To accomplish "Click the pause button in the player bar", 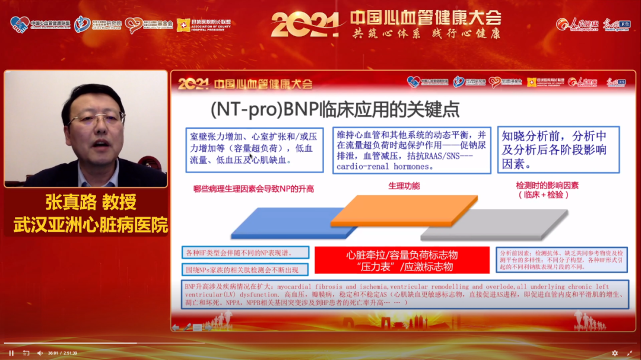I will pyautogui.click(x=11, y=353).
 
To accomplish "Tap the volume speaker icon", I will pyautogui.click(x=40, y=353).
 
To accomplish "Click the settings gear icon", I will pyautogui.click(x=615, y=353).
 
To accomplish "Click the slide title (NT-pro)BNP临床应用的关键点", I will pyautogui.click(x=335, y=110).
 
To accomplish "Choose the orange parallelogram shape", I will pyautogui.click(x=404, y=211).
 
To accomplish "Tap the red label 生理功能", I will pyautogui.click(x=404, y=186).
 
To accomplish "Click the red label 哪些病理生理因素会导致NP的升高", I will pyautogui.click(x=253, y=189).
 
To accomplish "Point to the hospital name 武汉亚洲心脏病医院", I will pyautogui.click(x=90, y=225).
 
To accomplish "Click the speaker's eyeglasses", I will pyautogui.click(x=95, y=118).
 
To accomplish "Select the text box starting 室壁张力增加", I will pyautogui.click(x=253, y=149).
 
